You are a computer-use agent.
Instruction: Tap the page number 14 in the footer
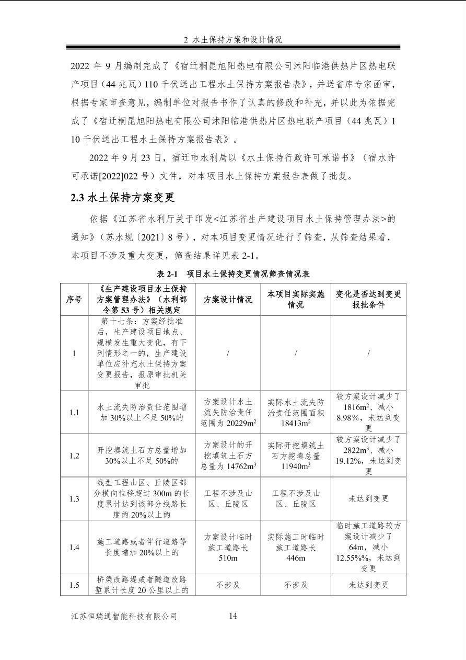pos(233,616)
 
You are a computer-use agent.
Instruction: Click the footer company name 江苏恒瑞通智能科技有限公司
pos(124,616)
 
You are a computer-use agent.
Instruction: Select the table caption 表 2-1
pos(168,274)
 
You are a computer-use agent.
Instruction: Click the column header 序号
pos(74,299)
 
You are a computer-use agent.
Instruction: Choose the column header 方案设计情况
pos(228,299)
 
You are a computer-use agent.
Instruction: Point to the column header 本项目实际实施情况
pos(296,299)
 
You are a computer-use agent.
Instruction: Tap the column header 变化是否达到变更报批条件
pos(368,299)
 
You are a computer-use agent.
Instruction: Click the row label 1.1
pos(74,413)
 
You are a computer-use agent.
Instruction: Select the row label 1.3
pos(74,498)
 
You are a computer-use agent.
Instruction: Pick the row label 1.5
pos(74,585)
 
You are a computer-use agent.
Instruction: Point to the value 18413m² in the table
pos(296,423)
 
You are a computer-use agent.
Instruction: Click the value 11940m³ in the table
pos(296,466)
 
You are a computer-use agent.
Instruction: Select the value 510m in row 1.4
pos(228,558)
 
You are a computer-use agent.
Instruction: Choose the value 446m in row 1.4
pos(296,558)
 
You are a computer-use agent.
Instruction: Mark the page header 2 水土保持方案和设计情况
pos(233,40)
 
